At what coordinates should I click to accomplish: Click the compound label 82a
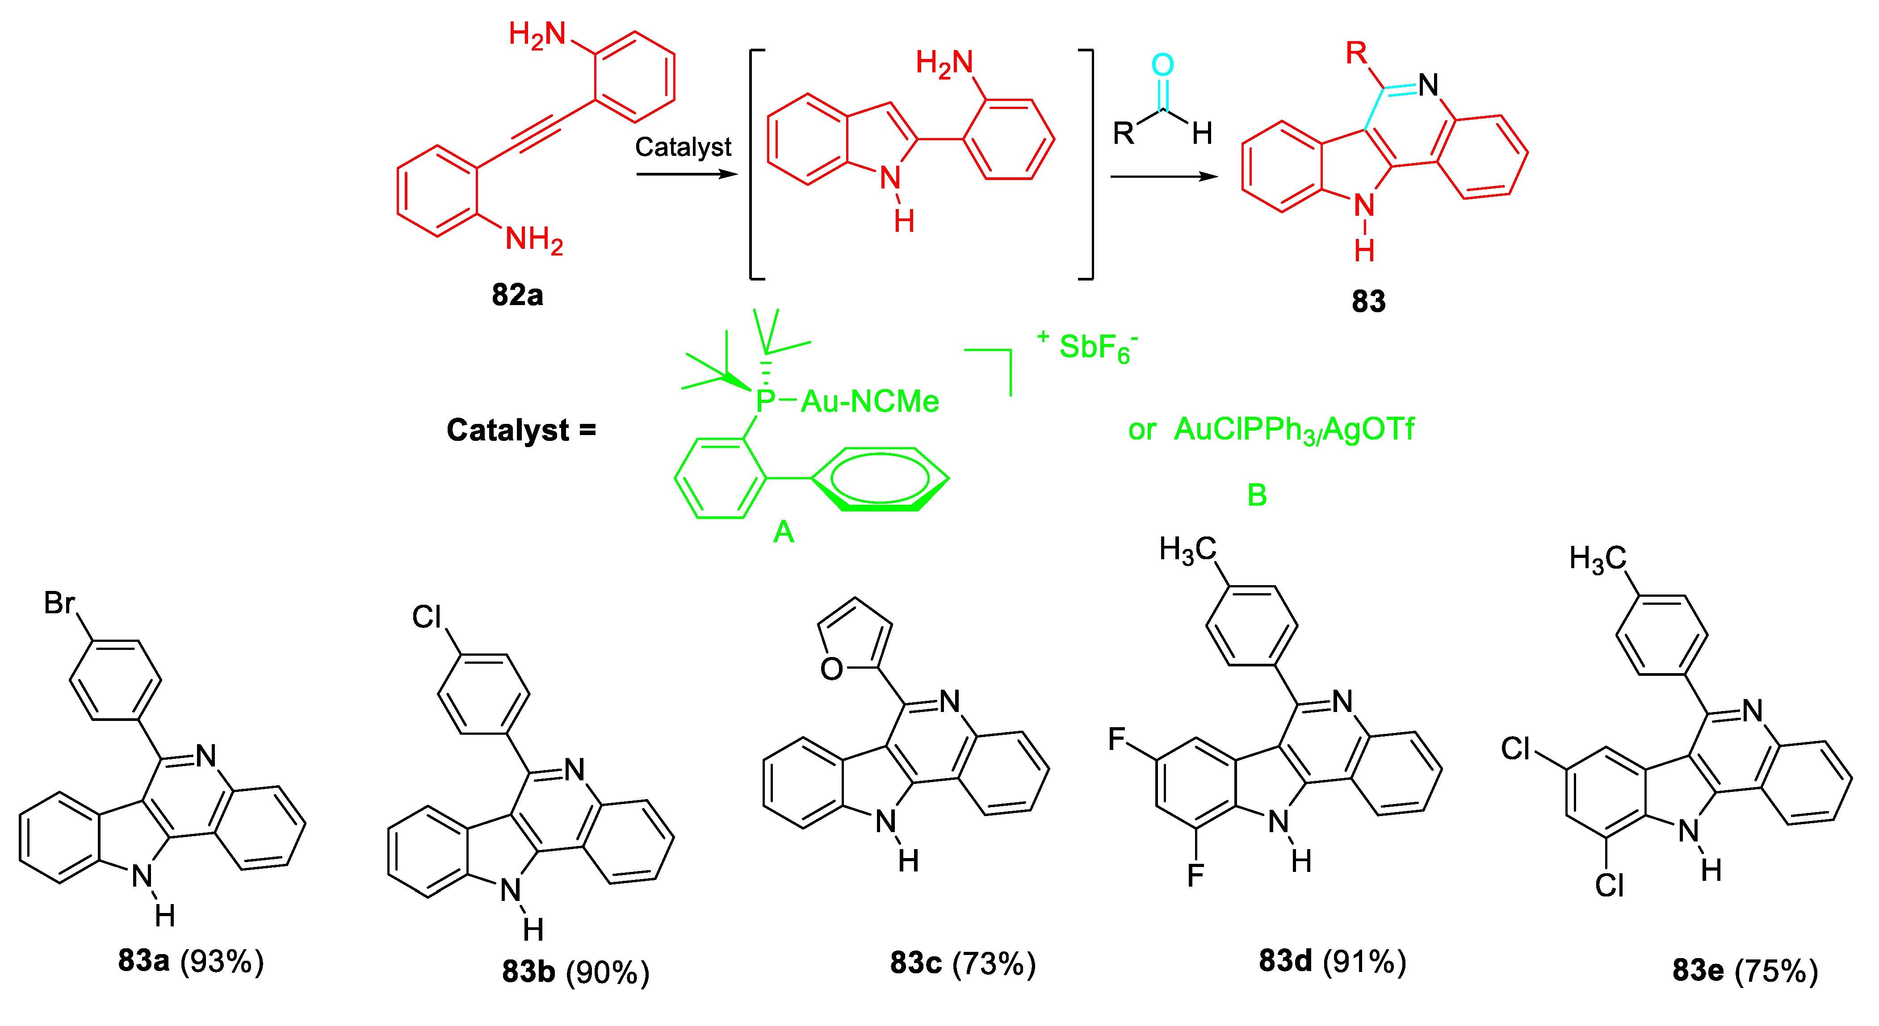(517, 295)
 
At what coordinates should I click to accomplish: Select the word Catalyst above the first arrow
(683, 147)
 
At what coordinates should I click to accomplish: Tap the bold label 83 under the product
(1368, 301)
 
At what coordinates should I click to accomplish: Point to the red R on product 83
(1356, 53)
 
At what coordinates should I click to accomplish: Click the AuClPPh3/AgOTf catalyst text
(1293, 430)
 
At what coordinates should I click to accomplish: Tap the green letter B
(1257, 496)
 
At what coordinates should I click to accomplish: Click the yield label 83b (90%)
(575, 972)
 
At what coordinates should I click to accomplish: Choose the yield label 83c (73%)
(963, 963)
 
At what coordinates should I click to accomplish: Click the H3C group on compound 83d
(1187, 550)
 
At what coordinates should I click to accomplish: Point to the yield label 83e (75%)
(1745, 971)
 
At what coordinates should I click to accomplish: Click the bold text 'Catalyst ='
(521, 430)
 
